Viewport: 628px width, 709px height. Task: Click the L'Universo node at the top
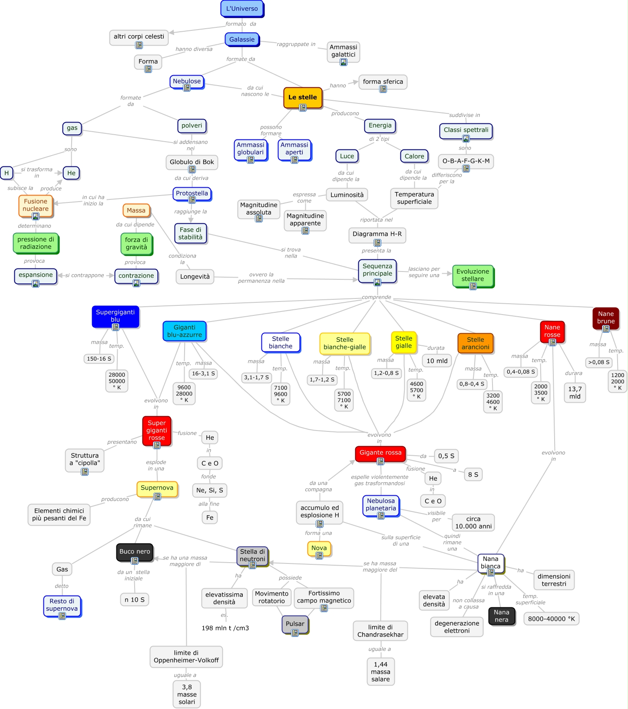(242, 9)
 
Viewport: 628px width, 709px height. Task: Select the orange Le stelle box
(303, 97)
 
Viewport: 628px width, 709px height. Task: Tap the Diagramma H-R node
(377, 234)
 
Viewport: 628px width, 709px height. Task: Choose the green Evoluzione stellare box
(473, 275)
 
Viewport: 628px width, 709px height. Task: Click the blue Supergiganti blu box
(115, 316)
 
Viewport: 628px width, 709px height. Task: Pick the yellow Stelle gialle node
(403, 342)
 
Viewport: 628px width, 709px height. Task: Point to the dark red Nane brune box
(605, 318)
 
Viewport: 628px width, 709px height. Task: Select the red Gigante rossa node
(380, 453)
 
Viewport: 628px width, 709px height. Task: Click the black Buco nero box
(135, 552)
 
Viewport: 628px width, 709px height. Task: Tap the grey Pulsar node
(295, 624)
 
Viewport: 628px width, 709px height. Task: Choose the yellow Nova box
(319, 548)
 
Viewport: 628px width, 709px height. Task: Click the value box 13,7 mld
(575, 393)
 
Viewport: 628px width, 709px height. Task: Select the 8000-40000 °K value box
(551, 619)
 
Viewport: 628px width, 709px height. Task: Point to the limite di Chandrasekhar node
(380, 631)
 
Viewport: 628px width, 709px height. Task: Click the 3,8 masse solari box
(187, 694)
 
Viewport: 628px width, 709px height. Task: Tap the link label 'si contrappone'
(85, 275)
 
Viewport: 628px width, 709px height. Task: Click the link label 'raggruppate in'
(296, 44)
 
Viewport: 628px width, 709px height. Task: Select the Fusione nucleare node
(36, 205)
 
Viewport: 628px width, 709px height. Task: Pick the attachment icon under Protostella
(192, 200)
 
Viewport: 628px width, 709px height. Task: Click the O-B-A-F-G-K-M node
(466, 161)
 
